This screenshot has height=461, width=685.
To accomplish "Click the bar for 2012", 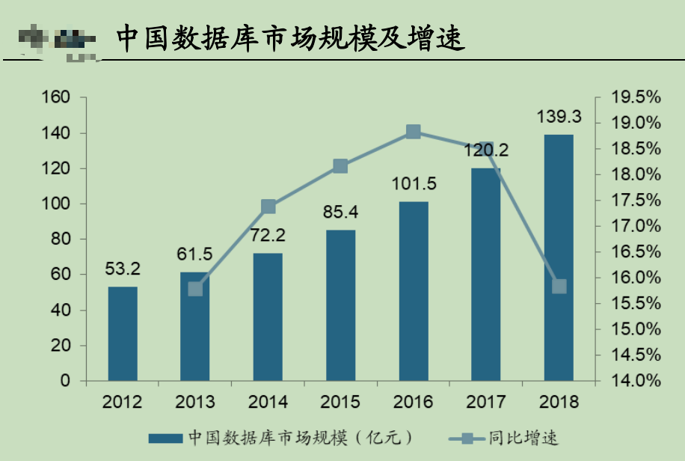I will tap(123, 334).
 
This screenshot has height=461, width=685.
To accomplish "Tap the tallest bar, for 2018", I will tap(559, 257).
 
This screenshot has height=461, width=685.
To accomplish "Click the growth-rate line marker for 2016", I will tap(414, 132).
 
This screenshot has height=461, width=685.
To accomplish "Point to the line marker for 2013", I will tap(196, 289).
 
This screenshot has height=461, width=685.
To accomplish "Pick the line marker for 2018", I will tap(559, 287).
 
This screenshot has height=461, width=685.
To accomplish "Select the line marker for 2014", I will tap(268, 207).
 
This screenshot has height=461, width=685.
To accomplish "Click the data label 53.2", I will tap(123, 269).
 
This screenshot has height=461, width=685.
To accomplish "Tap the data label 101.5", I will tap(414, 184).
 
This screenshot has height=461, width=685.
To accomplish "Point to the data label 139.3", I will tap(559, 117).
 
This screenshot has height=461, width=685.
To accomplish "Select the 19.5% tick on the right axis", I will tap(636, 97).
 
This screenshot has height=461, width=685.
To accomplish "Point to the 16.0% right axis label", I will tap(636, 278).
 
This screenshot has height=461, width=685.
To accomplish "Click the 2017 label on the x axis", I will tap(486, 402).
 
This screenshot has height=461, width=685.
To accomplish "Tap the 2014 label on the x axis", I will tap(268, 402).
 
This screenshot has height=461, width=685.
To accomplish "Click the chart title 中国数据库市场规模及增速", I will tap(289, 39).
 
